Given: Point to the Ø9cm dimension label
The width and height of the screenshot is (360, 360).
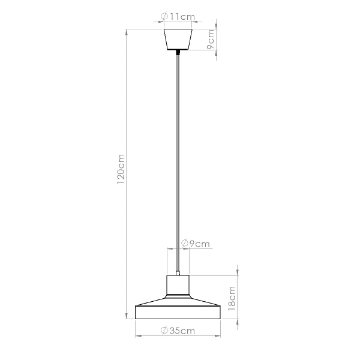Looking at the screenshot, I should (x=195, y=244).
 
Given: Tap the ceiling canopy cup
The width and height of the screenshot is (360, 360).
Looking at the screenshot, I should (x=178, y=38).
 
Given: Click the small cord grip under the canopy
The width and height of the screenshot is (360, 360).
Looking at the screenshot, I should (x=178, y=53).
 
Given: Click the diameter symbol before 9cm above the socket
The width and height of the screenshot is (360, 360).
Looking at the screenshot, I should (x=184, y=244).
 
